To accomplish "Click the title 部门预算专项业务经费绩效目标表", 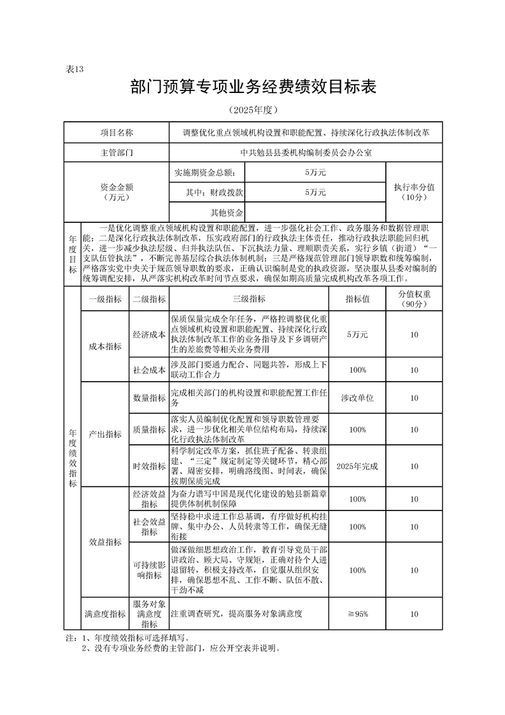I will [x=253, y=88].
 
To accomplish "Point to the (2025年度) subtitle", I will [x=253, y=110].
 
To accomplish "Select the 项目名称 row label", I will [x=117, y=133].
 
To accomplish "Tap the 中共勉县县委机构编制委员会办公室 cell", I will [x=306, y=153].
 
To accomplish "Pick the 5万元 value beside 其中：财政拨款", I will [x=315, y=192].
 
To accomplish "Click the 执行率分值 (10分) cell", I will [x=413, y=192].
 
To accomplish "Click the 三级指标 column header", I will [x=248, y=299].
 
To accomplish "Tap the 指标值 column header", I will [x=357, y=299].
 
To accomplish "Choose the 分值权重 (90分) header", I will [x=415, y=299].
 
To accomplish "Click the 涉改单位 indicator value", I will [x=357, y=398].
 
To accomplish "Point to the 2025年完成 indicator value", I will [x=357, y=466].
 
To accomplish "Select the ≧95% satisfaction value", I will [x=357, y=614].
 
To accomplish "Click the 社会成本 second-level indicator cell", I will [x=149, y=370].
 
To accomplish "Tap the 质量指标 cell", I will [x=149, y=431].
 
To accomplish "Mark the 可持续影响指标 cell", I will [x=149, y=570].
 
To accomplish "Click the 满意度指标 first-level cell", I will [x=105, y=614].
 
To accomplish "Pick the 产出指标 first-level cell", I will [x=105, y=434].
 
